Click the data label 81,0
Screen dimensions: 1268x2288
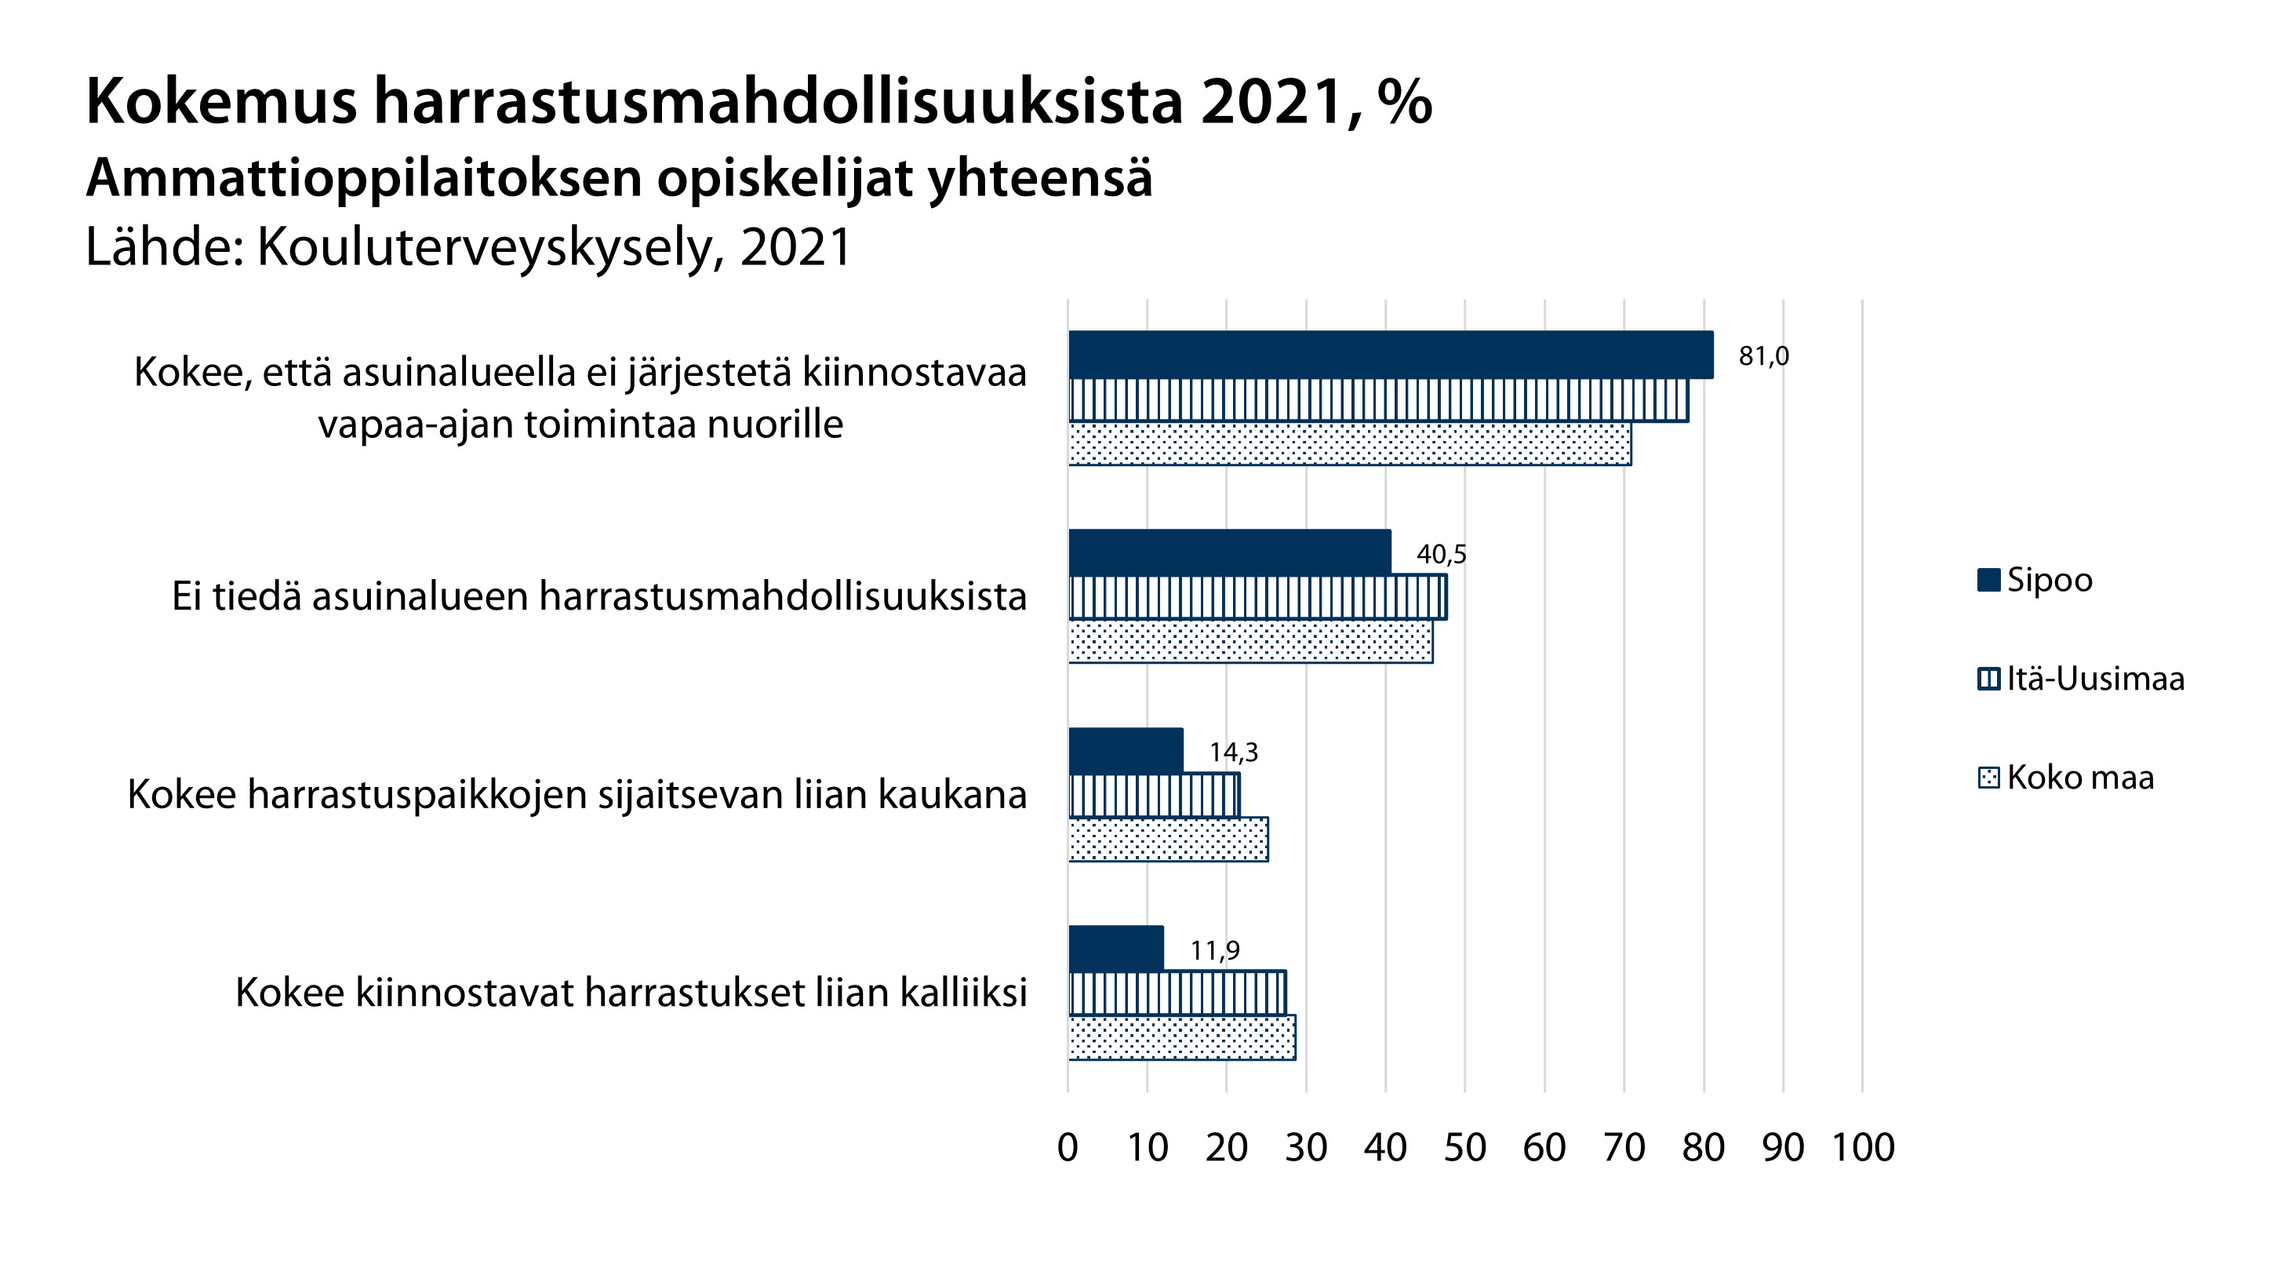click(1763, 356)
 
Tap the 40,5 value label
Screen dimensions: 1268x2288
click(1441, 555)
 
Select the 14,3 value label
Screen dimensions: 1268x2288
click(1233, 752)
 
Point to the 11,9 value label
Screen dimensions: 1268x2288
click(1214, 951)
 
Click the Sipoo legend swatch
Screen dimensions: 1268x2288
click(1988, 580)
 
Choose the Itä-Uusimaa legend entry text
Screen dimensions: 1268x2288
click(2095, 679)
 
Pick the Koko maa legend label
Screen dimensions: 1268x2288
click(2080, 778)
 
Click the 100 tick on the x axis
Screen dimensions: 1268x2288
click(1863, 1148)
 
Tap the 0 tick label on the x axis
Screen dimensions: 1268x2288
click(1068, 1148)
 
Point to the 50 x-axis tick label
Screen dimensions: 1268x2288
click(1464, 1148)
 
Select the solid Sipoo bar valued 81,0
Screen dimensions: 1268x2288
click(1390, 355)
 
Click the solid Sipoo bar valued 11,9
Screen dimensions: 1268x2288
click(1115, 948)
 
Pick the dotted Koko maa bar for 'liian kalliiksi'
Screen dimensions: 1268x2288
click(1181, 1037)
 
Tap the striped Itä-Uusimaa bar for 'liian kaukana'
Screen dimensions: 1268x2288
click(1154, 796)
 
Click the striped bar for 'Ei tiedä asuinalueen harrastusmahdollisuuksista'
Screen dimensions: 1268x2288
click(1257, 597)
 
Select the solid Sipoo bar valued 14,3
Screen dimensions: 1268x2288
click(1126, 750)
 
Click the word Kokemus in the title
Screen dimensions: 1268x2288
click(221, 102)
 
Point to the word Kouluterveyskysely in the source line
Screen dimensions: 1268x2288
click(485, 247)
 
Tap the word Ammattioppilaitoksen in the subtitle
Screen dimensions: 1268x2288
click(363, 177)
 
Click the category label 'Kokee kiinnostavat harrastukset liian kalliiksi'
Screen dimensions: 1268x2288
click(631, 993)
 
